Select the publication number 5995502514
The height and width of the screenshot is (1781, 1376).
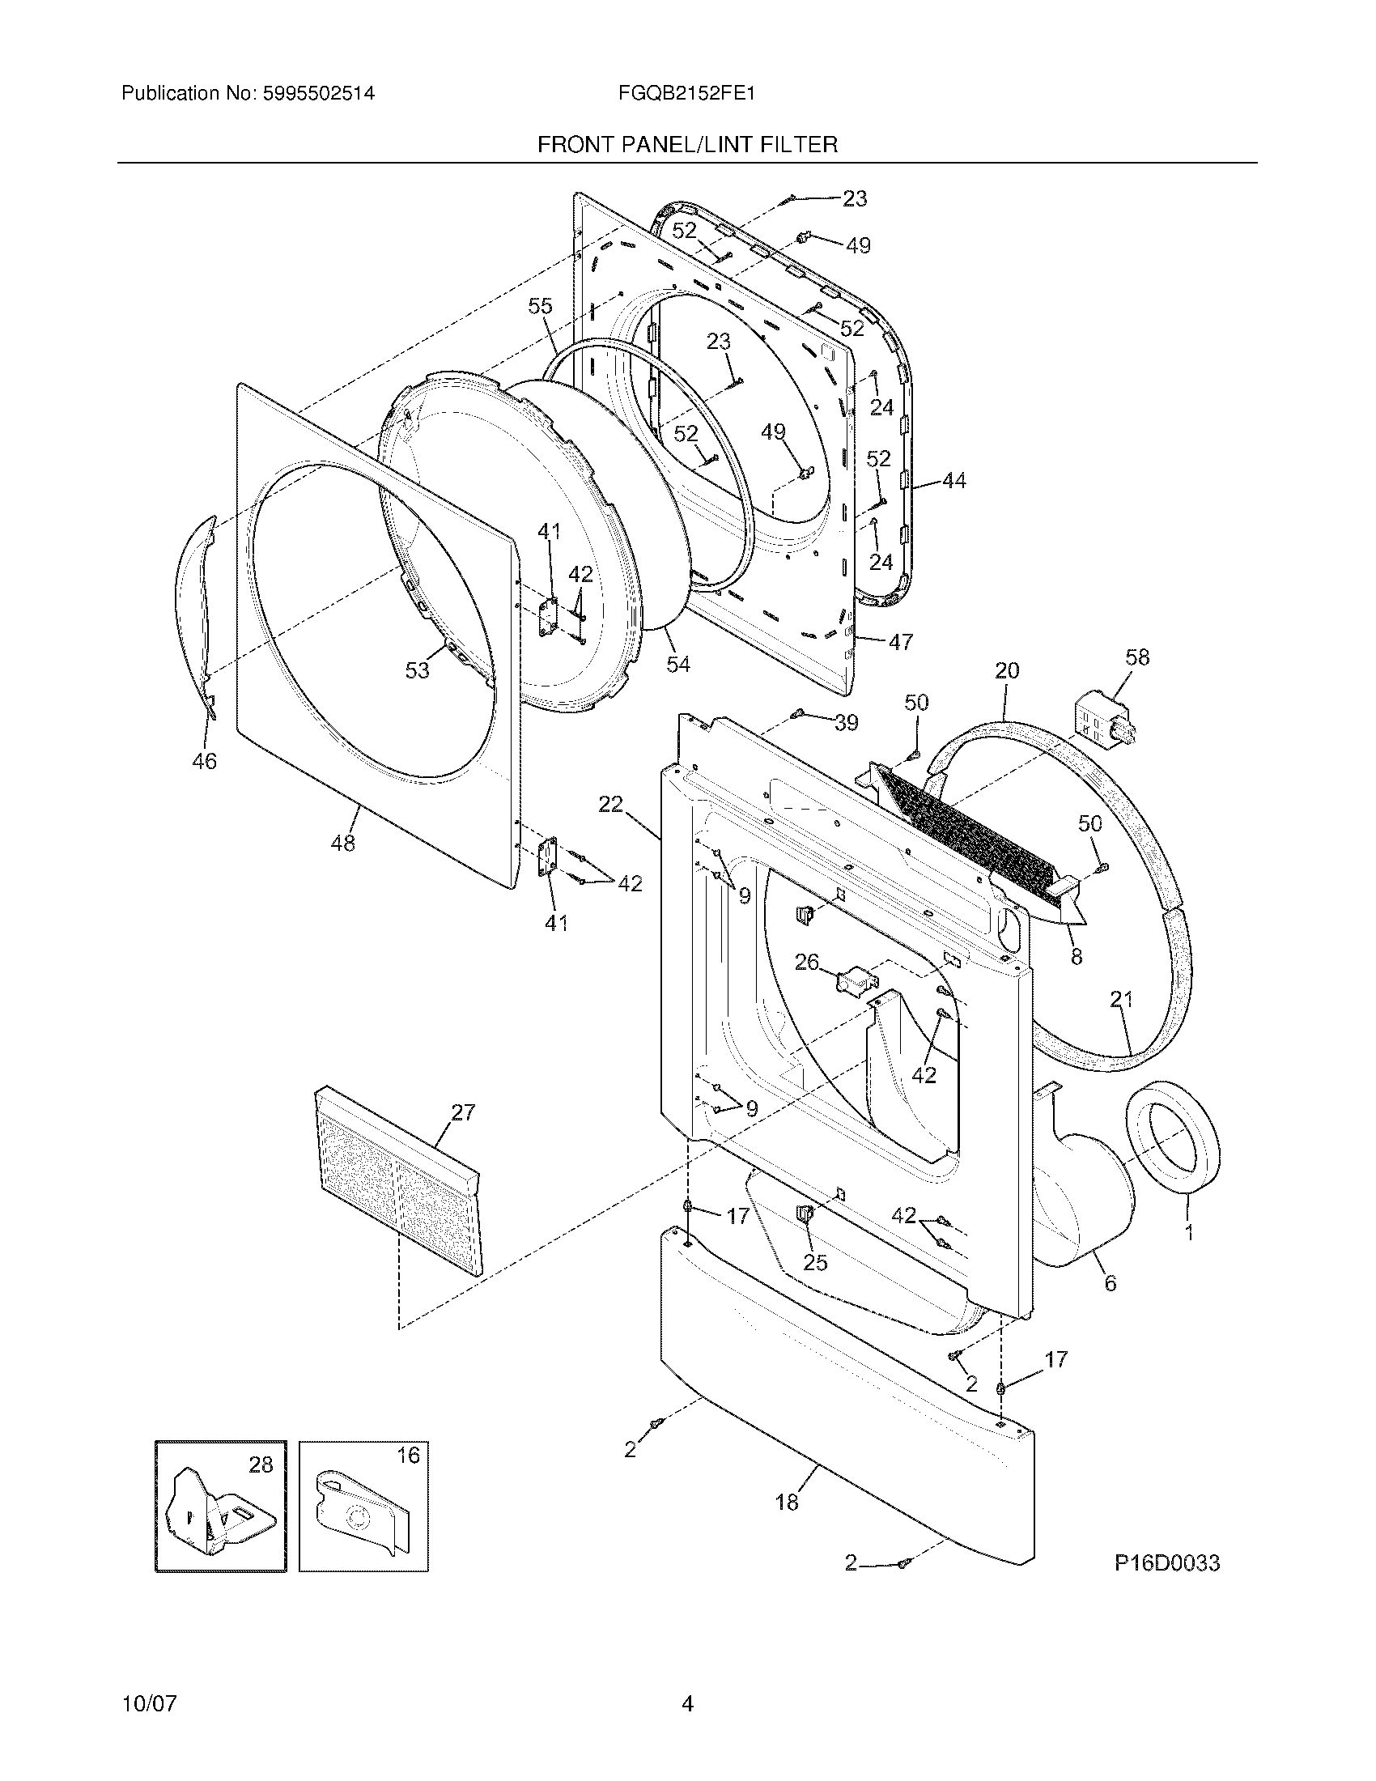click(318, 93)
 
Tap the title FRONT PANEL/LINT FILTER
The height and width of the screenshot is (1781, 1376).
click(686, 145)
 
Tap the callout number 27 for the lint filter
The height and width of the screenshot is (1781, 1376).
click(462, 1112)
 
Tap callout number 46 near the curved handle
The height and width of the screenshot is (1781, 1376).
click(204, 761)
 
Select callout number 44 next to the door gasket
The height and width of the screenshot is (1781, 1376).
click(953, 481)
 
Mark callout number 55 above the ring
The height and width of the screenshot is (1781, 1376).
click(540, 306)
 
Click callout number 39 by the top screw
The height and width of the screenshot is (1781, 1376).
click(846, 722)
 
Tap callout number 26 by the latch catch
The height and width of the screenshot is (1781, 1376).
click(806, 963)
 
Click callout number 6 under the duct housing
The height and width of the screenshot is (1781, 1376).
click(1110, 1284)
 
